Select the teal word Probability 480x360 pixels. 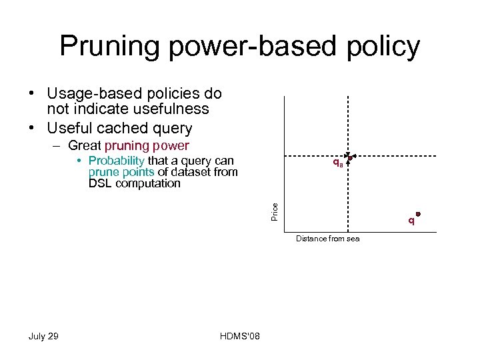(x=116, y=161)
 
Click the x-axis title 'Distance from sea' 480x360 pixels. (x=327, y=239)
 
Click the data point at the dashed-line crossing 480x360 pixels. (x=349, y=158)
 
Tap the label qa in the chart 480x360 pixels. (x=338, y=163)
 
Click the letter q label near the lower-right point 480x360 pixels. (x=411, y=221)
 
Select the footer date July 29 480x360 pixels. (x=43, y=336)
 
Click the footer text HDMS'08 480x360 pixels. (x=239, y=336)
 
